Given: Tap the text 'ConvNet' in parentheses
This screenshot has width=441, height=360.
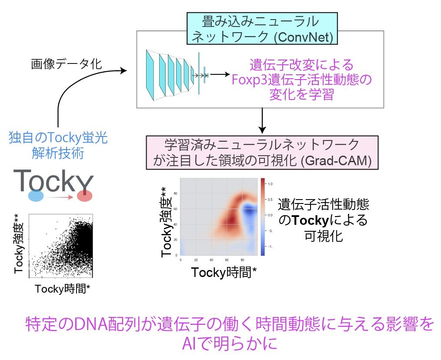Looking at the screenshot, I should [x=304, y=38].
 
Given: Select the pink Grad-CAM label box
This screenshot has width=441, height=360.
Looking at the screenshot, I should [x=262, y=153].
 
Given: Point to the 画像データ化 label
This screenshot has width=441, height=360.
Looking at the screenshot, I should [x=66, y=64].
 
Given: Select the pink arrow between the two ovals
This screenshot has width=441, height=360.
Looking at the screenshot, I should [x=60, y=196].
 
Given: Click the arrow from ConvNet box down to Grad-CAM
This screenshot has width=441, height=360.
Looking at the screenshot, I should [x=262, y=120].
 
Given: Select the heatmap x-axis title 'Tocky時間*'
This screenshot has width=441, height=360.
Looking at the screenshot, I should [x=224, y=273].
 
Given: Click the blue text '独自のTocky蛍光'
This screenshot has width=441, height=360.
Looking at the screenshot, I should [x=58, y=139].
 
